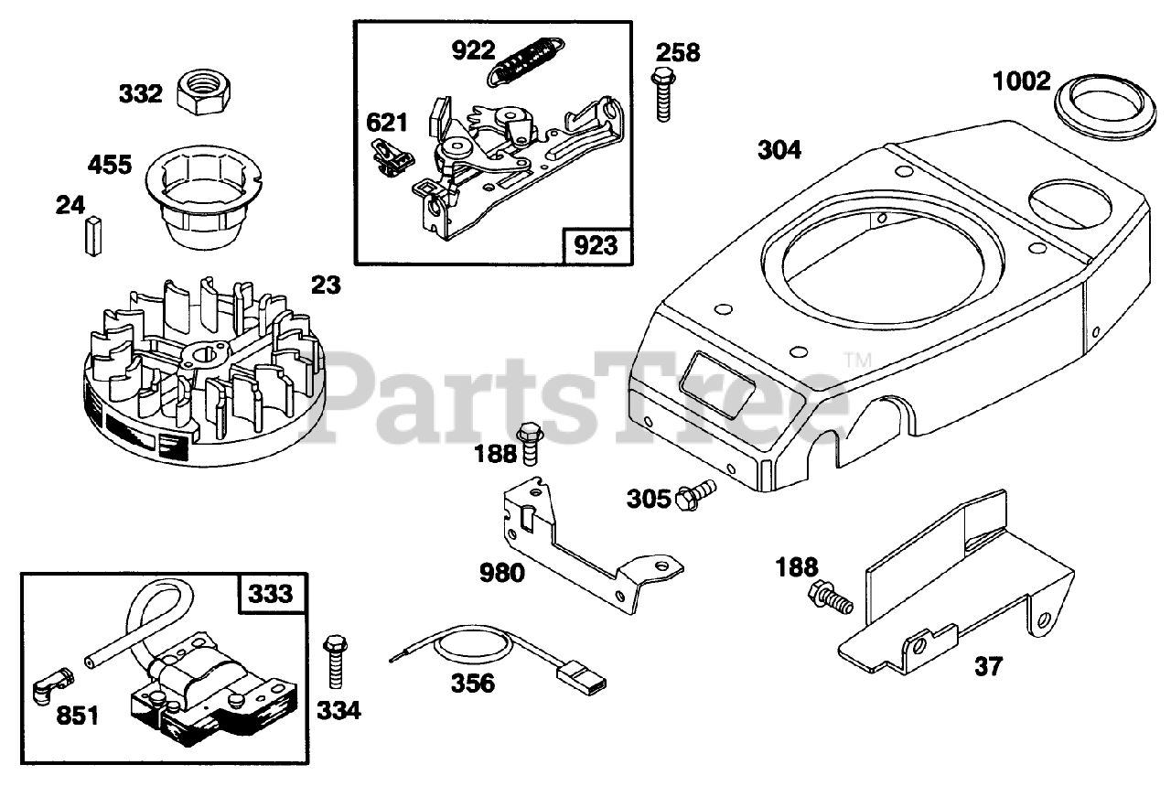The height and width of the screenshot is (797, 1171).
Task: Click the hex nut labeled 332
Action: point(206,92)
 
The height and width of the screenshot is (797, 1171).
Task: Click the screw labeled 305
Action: point(695,496)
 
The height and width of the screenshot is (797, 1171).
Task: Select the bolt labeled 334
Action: point(334,662)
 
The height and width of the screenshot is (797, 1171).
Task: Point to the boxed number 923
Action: point(595,244)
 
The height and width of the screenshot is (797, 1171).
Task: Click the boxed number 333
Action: point(273,594)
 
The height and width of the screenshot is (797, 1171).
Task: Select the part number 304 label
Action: point(779,150)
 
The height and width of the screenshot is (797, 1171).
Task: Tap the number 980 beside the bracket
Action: point(502,574)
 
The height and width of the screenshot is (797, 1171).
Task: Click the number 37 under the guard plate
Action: point(988,667)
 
